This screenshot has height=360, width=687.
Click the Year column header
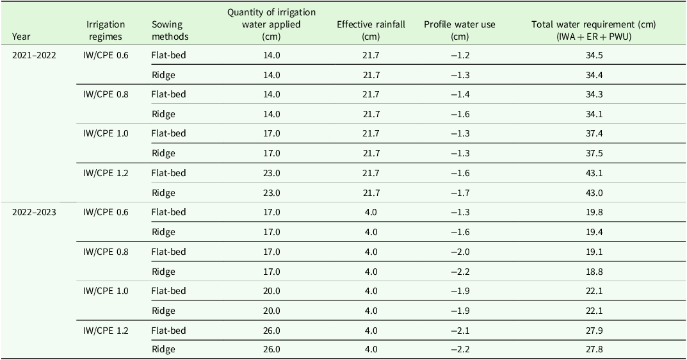(21, 37)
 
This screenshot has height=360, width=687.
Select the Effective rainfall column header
(371, 30)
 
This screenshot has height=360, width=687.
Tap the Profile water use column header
(460, 30)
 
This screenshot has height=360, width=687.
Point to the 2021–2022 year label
(34, 55)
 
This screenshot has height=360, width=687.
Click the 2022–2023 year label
(34, 212)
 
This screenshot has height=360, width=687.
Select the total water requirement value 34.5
(594, 55)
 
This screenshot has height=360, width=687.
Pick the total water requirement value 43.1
(594, 173)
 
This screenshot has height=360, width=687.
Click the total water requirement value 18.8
(594, 272)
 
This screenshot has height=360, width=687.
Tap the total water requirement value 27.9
(594, 331)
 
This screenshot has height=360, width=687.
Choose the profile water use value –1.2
(460, 55)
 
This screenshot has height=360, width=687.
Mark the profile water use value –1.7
(460, 193)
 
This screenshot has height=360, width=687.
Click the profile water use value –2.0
(460, 252)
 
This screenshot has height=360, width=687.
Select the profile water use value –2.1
(460, 331)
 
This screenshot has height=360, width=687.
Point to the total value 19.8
(594, 212)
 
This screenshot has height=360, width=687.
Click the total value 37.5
(594, 154)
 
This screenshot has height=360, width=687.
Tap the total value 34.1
(594, 115)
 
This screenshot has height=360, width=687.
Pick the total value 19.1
(594, 252)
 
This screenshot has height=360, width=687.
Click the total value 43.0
(594, 193)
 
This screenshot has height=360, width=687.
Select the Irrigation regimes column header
(106, 30)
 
